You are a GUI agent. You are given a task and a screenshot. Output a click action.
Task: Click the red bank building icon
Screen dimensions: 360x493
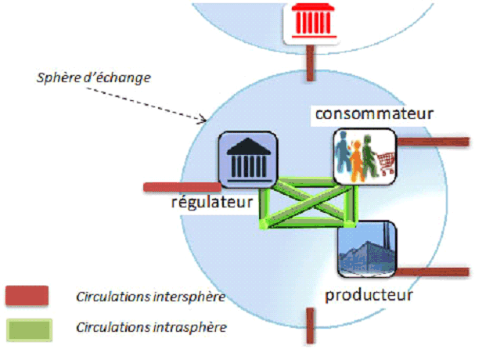[311, 23]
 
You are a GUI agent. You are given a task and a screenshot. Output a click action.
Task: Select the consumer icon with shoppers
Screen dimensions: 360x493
[364, 156]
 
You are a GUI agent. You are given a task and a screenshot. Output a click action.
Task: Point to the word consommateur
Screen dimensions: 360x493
[373, 114]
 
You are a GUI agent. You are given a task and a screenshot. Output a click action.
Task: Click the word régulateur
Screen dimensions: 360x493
[212, 203]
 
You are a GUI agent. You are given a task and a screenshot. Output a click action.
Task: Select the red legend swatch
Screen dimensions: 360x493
[27, 296]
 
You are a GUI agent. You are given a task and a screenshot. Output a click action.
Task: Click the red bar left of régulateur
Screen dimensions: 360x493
[182, 187]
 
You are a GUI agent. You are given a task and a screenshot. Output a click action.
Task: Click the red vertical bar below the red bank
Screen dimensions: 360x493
[311, 65]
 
